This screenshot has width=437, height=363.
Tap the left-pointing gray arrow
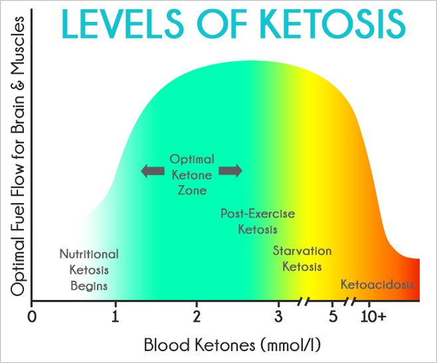pyautogui.click(x=153, y=171)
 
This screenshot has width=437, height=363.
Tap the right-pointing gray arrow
pyautogui.click(x=230, y=171)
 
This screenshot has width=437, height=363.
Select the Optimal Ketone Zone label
pyautogui.click(x=192, y=175)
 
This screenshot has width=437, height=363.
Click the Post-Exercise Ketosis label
pyautogui.click(x=257, y=222)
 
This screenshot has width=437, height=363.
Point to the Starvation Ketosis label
pyautogui.click(x=302, y=259)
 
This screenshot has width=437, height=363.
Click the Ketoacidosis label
pyautogui.click(x=377, y=285)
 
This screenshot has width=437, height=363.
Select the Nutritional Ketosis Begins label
pyautogui.click(x=89, y=270)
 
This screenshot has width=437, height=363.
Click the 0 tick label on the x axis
pyautogui.click(x=31, y=317)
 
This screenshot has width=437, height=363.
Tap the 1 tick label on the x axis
pyautogui.click(x=116, y=317)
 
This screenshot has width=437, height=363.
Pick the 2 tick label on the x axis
pyautogui.click(x=197, y=317)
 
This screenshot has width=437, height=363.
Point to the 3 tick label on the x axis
pyautogui.click(x=278, y=317)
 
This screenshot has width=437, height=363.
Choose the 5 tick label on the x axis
pyautogui.click(x=333, y=317)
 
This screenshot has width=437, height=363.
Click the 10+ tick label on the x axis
pyautogui.click(x=373, y=317)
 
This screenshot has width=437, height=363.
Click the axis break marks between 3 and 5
pyautogui.click(x=304, y=301)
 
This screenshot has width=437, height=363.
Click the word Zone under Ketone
pyautogui.click(x=192, y=190)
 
